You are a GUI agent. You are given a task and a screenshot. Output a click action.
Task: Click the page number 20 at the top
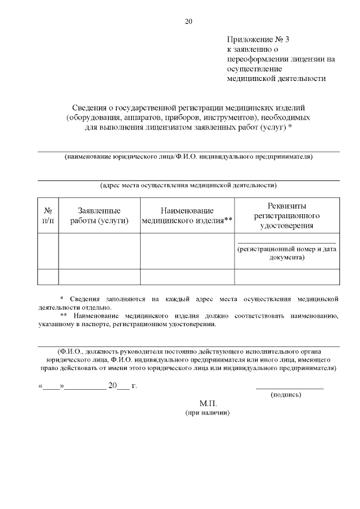pyautogui.click(x=188, y=22)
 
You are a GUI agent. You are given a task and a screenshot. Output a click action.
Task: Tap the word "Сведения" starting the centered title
pyautogui.click(x=89, y=107)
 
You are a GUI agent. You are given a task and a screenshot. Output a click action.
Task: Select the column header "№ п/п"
pyautogui.click(x=48, y=215)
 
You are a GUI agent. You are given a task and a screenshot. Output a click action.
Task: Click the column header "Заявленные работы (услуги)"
pyautogui.click(x=100, y=215)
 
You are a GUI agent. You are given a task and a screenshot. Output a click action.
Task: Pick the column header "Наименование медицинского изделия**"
pyautogui.click(x=187, y=215)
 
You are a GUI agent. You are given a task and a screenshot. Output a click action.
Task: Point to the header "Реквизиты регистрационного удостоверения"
pyautogui.click(x=287, y=215)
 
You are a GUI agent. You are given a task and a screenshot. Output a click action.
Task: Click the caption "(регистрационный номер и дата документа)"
pyautogui.click(x=287, y=253)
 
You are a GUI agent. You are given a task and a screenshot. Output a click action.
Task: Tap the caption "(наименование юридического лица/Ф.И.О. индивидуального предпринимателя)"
pyautogui.click(x=188, y=156)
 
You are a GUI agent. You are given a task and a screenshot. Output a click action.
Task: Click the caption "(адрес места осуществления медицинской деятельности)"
pyautogui.click(x=188, y=184)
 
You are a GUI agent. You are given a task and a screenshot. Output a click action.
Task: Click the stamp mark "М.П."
pyautogui.click(x=208, y=404)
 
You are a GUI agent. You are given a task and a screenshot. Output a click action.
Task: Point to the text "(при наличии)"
pyautogui.click(x=208, y=413)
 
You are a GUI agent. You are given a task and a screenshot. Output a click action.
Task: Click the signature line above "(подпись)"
pyautogui.click(x=290, y=388)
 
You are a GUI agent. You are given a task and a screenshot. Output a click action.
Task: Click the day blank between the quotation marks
pyautogui.click(x=51, y=386)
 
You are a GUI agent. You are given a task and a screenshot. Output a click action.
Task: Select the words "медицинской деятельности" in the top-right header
pyautogui.click(x=276, y=79)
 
